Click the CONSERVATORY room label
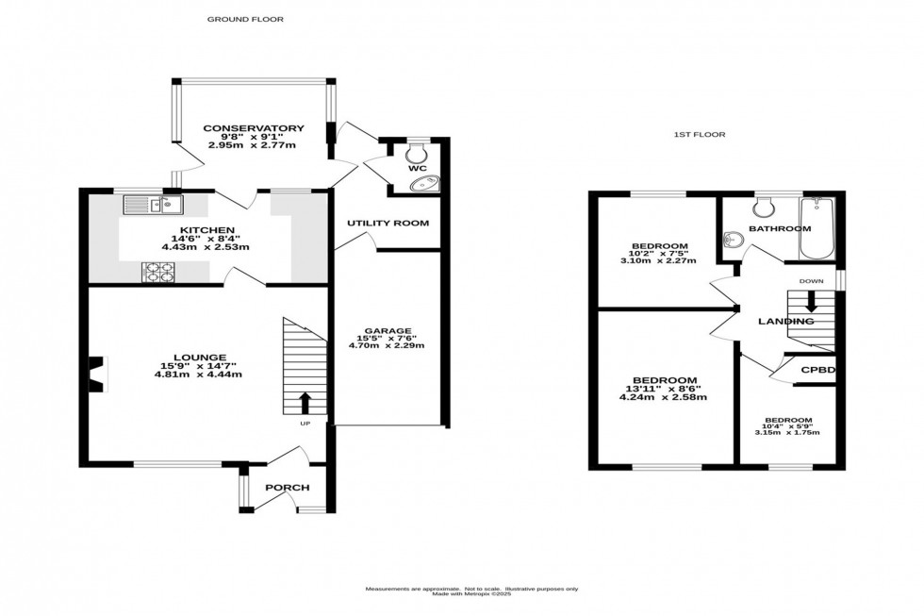[x=253, y=128]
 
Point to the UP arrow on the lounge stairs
[x=305, y=404]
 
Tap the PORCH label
[x=287, y=488]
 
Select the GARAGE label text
[x=388, y=330]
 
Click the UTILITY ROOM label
[x=388, y=224]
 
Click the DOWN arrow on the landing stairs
[x=810, y=305]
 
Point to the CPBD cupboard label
[x=818, y=370]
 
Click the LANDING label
[x=786, y=322]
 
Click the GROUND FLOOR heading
[x=245, y=19]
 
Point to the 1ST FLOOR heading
[x=699, y=135]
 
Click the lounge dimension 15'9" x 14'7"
[x=198, y=365]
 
